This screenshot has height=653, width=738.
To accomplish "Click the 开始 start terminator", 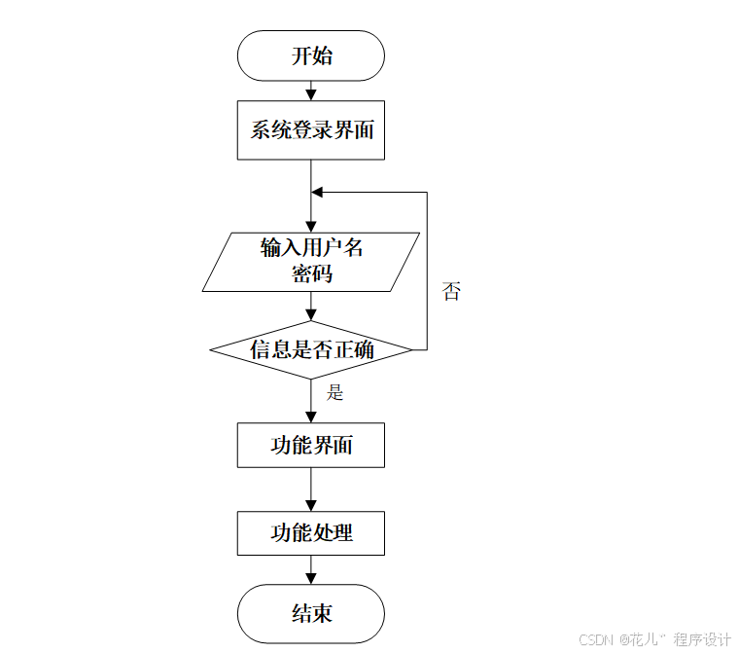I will (311, 55).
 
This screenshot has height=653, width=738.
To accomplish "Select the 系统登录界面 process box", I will (311, 129).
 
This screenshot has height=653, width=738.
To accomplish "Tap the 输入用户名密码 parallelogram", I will (311, 261).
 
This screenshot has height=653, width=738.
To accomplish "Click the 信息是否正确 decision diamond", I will (311, 349).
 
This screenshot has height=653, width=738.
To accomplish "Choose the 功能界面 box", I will (311, 446).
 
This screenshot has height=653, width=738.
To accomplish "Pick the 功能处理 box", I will (311, 532).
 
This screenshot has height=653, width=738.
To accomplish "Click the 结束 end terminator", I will (311, 613).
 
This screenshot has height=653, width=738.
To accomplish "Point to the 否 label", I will (451, 291).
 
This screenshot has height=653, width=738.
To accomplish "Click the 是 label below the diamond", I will (335, 393).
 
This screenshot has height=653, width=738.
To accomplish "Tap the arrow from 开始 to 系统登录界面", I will (311, 91).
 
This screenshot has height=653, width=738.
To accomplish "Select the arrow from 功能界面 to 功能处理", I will (311, 490).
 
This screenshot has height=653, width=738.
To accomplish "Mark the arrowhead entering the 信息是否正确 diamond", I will (311, 315).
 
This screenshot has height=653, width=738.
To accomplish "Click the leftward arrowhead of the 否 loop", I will (317, 192).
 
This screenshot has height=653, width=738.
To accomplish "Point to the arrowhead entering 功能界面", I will (311, 417).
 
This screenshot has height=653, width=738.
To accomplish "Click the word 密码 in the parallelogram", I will (312, 274).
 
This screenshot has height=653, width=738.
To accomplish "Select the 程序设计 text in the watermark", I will (702, 639).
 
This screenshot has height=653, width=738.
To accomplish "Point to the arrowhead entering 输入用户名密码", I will (311, 226).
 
